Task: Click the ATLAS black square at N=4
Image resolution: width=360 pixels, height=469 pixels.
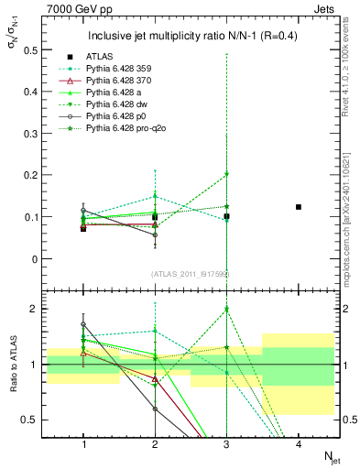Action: pyautogui.click(x=299, y=207)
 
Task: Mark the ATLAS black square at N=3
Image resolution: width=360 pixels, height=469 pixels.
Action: pyautogui.click(x=227, y=216)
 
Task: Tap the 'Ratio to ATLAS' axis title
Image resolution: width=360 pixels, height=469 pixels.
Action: pyautogui.click(x=14, y=365)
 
